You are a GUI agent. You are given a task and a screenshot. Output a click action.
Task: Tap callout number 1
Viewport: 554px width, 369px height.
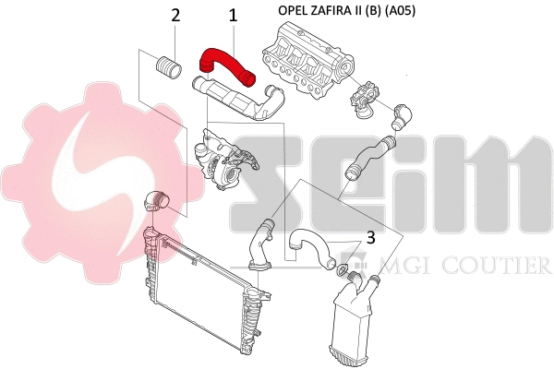[233, 16]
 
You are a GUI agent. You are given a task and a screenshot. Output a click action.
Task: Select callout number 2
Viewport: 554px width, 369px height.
[175, 16]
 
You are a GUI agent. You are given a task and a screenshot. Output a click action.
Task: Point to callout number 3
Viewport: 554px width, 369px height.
[369, 237]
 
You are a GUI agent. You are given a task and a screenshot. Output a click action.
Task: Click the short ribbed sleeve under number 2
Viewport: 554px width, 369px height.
[167, 68]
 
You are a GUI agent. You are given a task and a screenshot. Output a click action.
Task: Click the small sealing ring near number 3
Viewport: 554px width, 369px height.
[343, 270]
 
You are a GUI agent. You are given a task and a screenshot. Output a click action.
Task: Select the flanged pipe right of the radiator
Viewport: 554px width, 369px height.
[258, 245]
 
